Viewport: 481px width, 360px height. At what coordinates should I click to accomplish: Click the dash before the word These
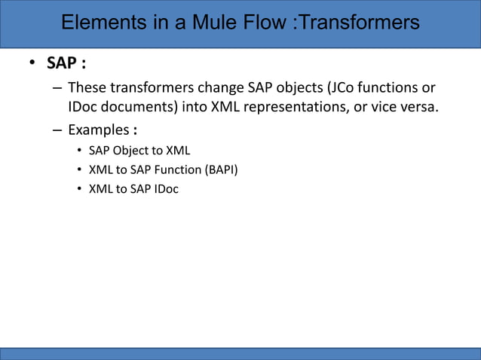(57, 88)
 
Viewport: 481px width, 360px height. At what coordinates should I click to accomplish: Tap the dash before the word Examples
(57, 130)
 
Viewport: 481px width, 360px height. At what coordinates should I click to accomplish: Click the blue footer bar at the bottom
(240, 353)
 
